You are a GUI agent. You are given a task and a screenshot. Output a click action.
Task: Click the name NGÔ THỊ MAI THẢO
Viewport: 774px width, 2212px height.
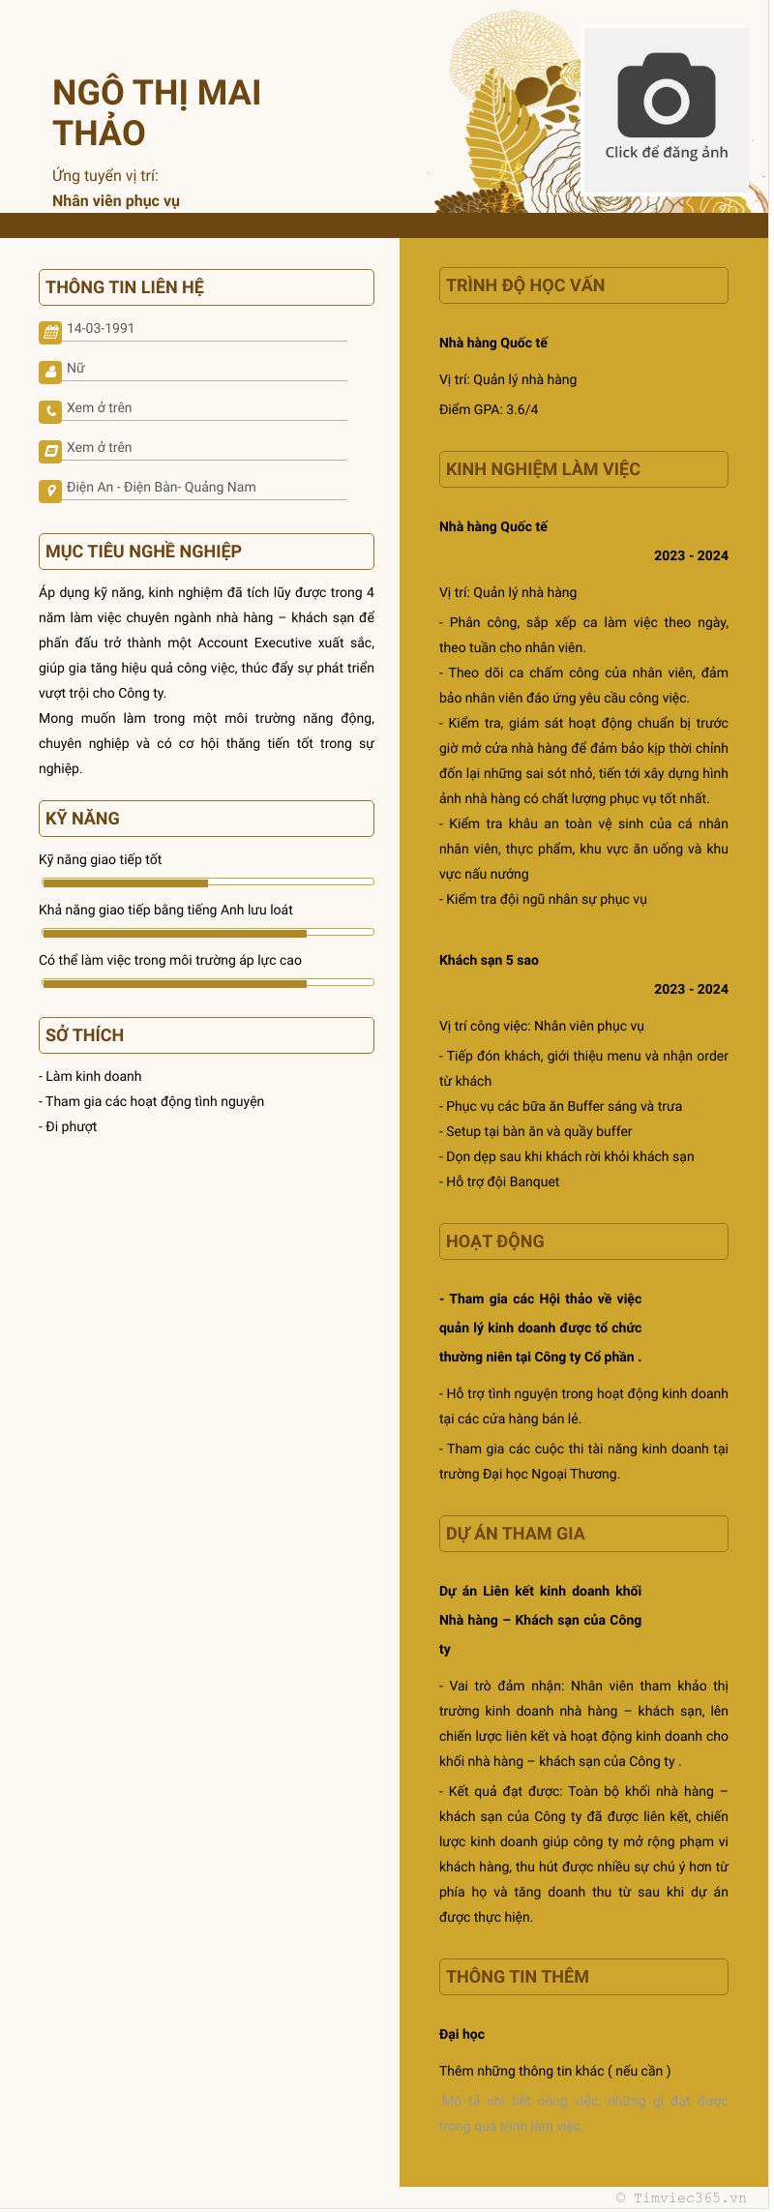tap(157, 112)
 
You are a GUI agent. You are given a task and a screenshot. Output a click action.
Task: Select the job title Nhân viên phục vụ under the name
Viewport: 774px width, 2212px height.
tap(116, 201)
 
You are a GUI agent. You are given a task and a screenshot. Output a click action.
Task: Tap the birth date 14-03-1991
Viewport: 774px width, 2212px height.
tap(101, 328)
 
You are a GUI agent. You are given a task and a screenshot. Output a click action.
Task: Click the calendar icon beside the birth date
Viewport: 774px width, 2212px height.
tap(50, 332)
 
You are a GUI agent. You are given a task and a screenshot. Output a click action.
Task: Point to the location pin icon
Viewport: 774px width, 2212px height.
tap(50, 491)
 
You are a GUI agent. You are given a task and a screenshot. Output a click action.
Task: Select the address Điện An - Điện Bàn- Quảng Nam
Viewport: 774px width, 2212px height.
tap(162, 487)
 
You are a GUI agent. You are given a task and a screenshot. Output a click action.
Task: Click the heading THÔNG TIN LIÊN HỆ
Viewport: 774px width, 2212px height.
tap(125, 287)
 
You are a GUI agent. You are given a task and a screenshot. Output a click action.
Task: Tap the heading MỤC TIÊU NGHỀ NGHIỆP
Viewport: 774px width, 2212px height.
tap(143, 552)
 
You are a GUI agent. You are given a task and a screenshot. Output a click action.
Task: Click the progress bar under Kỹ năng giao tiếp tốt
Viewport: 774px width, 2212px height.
tap(207, 882)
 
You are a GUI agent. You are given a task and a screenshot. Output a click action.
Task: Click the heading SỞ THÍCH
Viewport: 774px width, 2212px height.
tap(85, 1035)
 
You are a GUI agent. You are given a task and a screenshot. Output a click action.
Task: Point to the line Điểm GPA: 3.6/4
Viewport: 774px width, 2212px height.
tap(489, 409)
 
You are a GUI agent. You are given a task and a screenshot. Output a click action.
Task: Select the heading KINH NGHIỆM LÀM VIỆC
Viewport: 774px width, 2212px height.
tap(543, 469)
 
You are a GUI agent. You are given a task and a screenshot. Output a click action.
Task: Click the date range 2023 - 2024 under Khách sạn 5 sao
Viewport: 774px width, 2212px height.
tap(691, 989)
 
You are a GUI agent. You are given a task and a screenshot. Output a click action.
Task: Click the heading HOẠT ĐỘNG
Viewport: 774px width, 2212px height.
tap(495, 1241)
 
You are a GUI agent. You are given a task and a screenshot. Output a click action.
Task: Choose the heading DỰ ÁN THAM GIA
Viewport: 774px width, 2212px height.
tap(516, 1534)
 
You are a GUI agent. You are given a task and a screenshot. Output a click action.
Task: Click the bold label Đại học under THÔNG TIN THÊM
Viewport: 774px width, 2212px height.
tap(462, 2034)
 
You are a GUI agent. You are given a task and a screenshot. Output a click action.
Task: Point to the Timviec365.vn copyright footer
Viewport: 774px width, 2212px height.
tap(681, 2197)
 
